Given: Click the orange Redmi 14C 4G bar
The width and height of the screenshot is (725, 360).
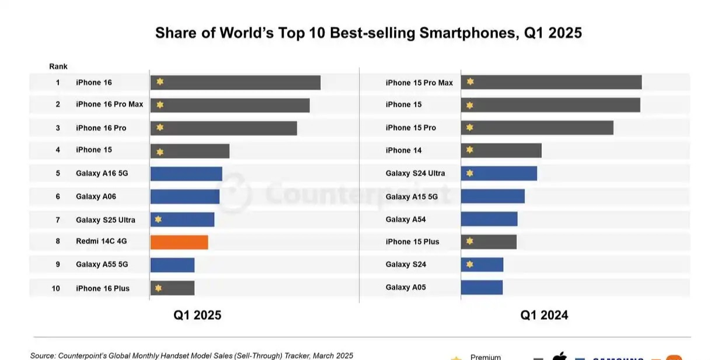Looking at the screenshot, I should click(179, 242).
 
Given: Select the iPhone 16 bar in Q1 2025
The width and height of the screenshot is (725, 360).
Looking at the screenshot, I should click(235, 82).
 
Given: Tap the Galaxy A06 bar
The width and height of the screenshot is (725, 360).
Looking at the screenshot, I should click(184, 197).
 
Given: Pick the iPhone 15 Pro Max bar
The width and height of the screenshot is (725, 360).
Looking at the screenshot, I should click(551, 82).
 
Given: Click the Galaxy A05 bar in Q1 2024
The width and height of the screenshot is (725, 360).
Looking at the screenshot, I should click(482, 287).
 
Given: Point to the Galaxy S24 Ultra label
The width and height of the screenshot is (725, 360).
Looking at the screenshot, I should click(415, 173).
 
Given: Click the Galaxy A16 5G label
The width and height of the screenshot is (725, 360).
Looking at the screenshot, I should click(102, 173).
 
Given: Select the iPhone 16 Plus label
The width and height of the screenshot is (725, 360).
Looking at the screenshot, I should click(103, 288).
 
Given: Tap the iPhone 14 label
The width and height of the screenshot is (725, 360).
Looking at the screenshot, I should click(403, 151).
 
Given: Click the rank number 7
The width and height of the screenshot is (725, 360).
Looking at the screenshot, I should click(58, 220).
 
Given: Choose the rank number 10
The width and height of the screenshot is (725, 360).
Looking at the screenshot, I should click(56, 288).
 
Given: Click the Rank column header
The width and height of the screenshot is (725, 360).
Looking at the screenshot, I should click(58, 67).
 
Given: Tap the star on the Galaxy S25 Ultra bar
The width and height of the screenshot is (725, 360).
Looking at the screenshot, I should click(158, 219).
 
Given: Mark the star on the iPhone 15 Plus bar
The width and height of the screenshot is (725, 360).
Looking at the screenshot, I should click(470, 241).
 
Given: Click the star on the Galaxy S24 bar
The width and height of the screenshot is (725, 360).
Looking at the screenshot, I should click(470, 264).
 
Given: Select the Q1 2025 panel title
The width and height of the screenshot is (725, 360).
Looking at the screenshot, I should click(197, 315).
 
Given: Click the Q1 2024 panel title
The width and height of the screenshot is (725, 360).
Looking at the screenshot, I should click(544, 315).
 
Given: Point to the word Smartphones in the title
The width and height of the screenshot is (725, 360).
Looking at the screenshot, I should click(468, 33).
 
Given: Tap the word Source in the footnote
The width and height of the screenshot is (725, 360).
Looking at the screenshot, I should click(43, 355).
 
